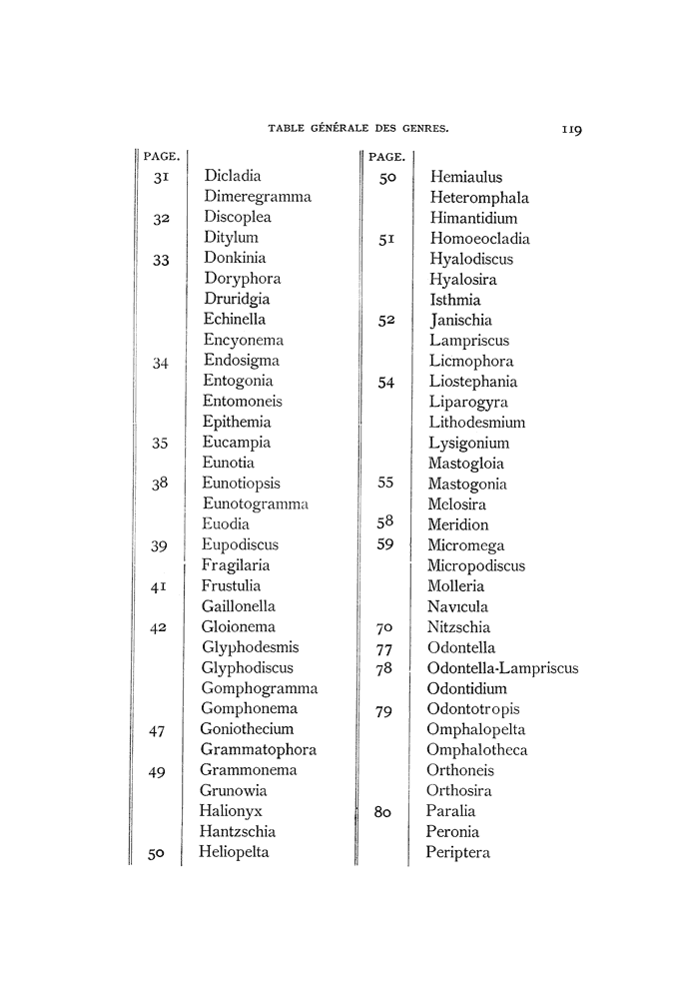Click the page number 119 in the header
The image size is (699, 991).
point(571,128)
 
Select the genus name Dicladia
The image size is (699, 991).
point(232,176)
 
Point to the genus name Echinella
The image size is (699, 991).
point(235,319)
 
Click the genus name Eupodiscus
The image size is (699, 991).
point(240,544)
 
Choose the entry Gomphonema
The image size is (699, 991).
point(250,708)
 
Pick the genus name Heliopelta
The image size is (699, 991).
point(235,852)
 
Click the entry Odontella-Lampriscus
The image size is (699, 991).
point(502,668)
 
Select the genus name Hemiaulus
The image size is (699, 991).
point(466,177)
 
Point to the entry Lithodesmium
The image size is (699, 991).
point(477,422)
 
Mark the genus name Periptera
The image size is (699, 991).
point(457,852)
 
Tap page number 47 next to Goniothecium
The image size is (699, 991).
point(156,730)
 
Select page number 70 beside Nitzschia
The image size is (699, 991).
point(383,628)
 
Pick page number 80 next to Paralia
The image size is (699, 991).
point(384,812)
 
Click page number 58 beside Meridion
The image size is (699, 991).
point(384,521)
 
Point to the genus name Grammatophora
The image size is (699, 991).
point(259,749)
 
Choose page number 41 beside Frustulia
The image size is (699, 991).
point(158,586)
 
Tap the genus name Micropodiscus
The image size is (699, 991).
point(476,565)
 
